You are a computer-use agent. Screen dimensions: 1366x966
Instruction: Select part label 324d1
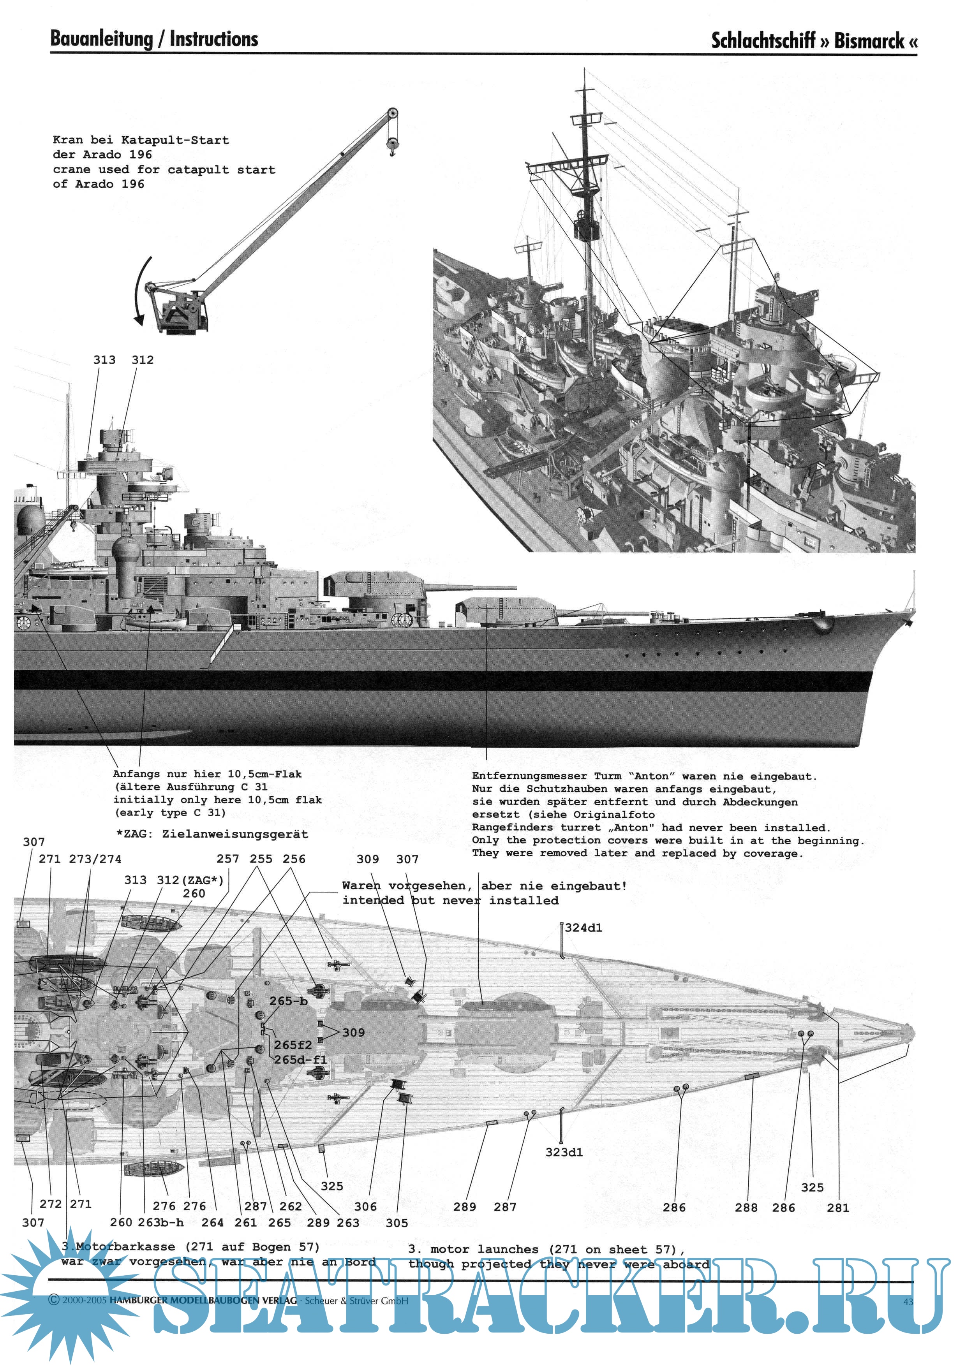(x=583, y=928)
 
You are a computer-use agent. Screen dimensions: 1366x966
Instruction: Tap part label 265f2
(x=293, y=1045)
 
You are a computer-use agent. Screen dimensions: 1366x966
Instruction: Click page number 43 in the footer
(x=908, y=1302)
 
